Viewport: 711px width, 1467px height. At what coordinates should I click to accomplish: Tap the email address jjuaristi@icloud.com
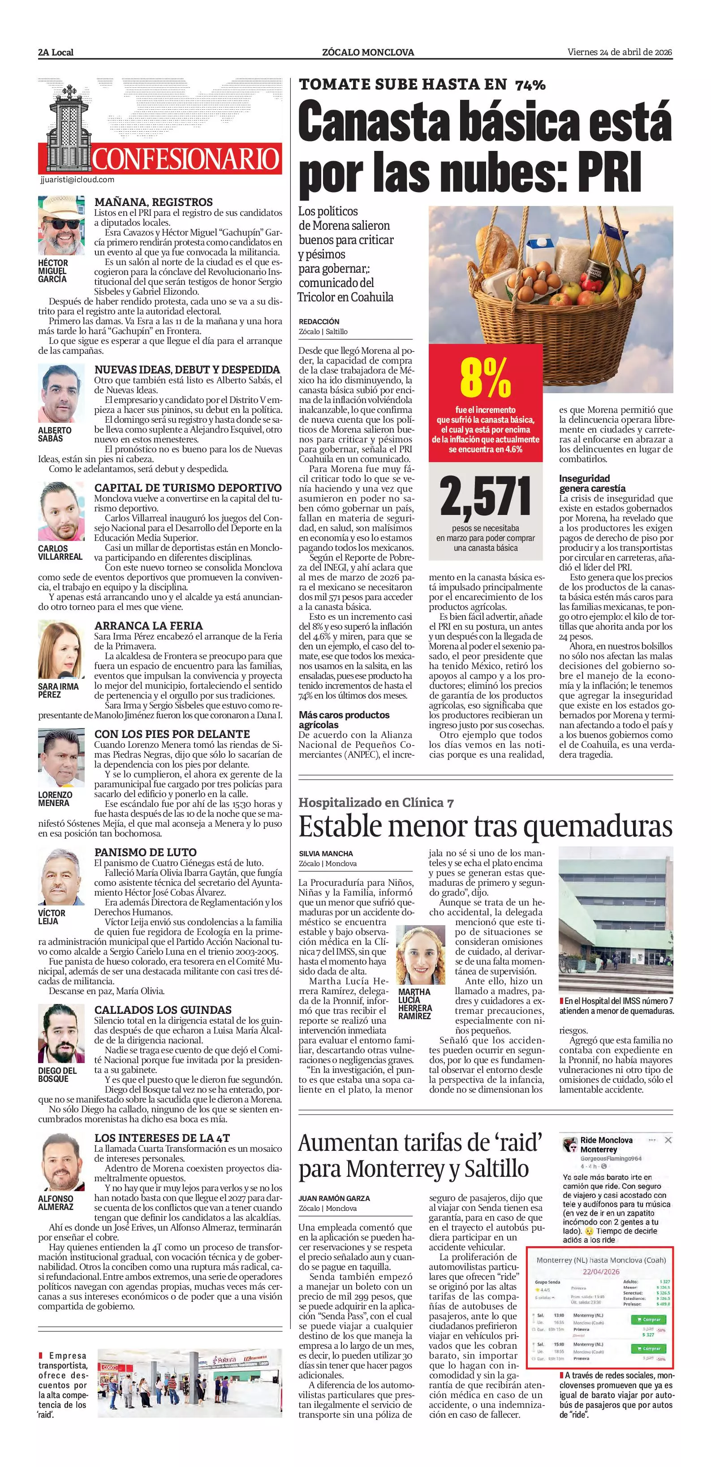coord(78,180)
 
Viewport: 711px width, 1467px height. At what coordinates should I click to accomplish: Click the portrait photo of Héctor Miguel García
coord(61,226)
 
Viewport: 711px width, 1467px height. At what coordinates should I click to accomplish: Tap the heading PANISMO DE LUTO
coord(145,853)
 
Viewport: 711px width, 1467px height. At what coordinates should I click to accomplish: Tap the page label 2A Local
coord(56,52)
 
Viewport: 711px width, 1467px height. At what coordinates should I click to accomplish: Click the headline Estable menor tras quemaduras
coord(485,826)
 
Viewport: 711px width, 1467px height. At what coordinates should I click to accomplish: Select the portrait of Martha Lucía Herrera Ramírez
coord(420,954)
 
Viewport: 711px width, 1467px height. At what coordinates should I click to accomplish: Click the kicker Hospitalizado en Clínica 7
coord(376,803)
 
